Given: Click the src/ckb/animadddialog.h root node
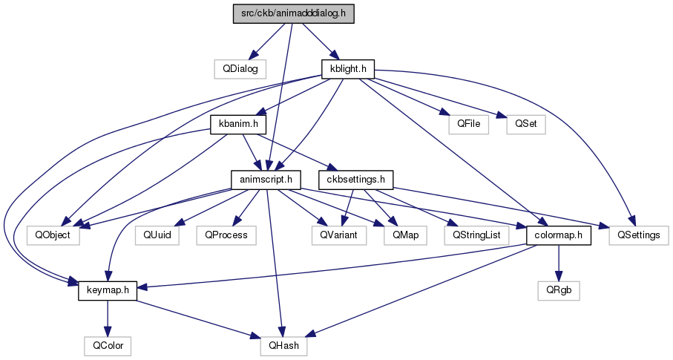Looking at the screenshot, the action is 294,14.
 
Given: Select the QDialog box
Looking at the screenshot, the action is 240,69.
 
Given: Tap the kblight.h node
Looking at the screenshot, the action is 348,69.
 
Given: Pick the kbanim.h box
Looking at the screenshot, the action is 238,125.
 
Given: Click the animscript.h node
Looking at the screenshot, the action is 266,180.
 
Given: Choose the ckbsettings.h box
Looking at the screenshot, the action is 356,180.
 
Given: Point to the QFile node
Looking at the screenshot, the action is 469,125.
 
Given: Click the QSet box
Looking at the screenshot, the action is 526,125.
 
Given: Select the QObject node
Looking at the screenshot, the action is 53,235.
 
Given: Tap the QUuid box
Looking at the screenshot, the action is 157,235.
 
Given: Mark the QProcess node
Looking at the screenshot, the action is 226,235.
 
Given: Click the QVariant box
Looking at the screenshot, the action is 339,235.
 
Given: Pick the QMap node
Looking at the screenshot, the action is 406,235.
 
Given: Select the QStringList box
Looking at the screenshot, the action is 476,235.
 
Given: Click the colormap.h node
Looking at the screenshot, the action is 559,235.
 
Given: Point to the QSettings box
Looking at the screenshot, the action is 639,235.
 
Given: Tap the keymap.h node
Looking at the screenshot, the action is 108,291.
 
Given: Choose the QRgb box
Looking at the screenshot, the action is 559,291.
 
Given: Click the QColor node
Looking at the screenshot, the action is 108,346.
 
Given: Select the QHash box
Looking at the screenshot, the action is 283,346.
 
